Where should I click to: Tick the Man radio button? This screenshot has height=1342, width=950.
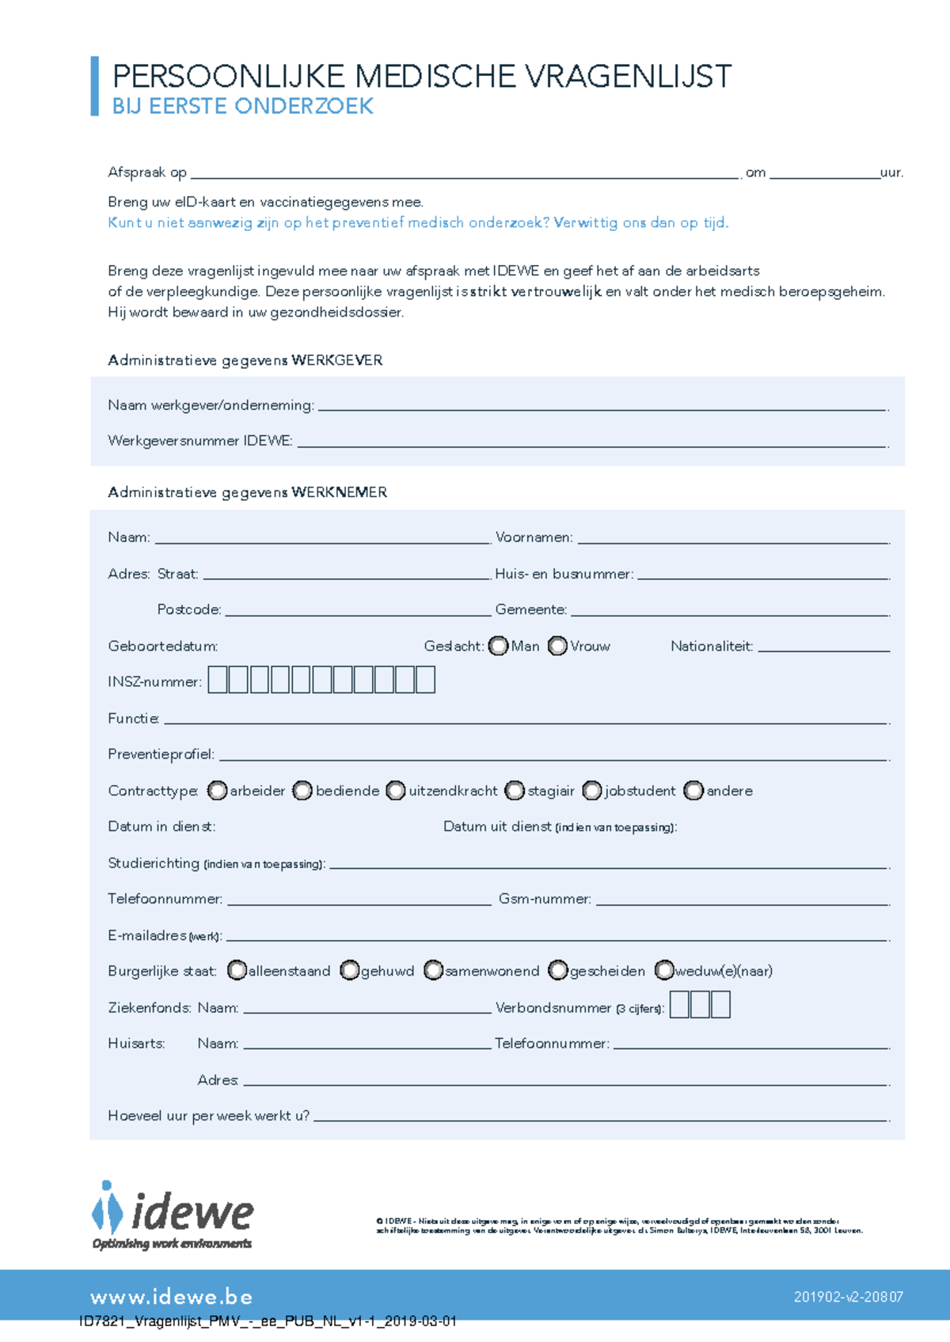(498, 646)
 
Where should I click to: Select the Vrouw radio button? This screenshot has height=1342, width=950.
(557, 646)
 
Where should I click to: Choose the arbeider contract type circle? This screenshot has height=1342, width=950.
(217, 790)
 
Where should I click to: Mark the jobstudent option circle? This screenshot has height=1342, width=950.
(591, 790)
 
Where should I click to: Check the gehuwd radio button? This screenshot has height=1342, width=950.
(349, 970)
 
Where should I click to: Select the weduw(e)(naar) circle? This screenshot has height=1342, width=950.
(664, 970)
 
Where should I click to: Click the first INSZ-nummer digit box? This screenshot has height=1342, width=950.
(218, 680)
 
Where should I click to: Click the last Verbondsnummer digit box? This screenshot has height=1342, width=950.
(720, 1005)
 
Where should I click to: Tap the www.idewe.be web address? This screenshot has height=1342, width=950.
(172, 1297)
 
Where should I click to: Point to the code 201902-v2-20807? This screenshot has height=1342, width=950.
(848, 1297)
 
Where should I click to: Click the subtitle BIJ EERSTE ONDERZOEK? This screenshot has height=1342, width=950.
(242, 107)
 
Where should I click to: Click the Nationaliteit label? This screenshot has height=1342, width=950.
(711, 646)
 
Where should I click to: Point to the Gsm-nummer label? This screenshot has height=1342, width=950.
(545, 899)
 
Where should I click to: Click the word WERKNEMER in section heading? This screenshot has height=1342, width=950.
(339, 492)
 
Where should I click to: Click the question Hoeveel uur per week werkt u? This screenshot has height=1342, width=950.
(209, 1116)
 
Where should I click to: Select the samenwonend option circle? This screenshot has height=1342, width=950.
(433, 970)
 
